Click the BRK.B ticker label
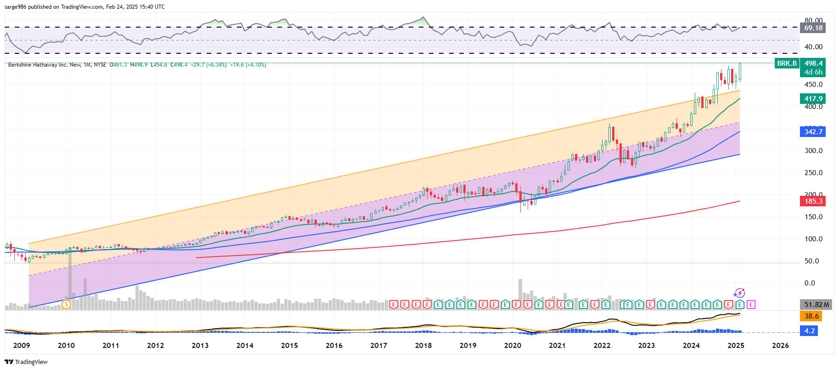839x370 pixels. click(x=787, y=63)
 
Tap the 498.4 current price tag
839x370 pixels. click(x=813, y=63)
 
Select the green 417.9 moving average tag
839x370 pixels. click(x=813, y=99)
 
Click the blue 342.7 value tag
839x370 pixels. click(x=813, y=132)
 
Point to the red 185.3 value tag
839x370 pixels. click(x=813, y=201)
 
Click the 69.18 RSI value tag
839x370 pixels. click(x=813, y=28)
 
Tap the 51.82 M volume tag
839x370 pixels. click(x=816, y=305)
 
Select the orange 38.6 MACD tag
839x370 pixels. click(x=811, y=316)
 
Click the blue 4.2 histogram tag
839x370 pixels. click(x=809, y=331)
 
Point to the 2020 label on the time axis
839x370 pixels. click(x=512, y=346)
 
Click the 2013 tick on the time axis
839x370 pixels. click(x=200, y=346)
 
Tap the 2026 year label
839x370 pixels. click(x=780, y=346)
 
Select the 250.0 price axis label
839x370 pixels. click(x=813, y=173)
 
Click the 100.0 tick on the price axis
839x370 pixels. click(x=813, y=239)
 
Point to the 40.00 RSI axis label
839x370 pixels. click(x=813, y=47)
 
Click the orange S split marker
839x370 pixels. click(x=66, y=304)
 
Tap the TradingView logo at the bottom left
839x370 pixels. click(x=26, y=362)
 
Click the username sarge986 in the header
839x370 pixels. click(x=15, y=7)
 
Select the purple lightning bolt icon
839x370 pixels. click(x=739, y=293)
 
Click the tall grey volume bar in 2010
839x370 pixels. click(x=70, y=276)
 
